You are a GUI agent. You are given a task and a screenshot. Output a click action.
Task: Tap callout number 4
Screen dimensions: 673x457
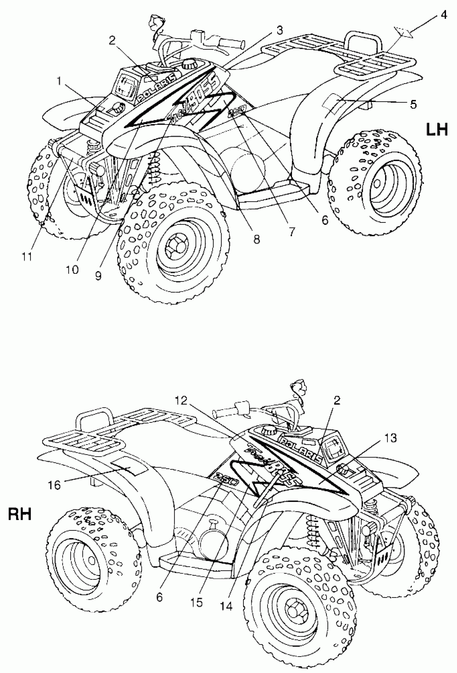pyautogui.click(x=443, y=15)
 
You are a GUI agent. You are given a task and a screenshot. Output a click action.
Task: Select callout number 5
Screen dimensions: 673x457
pyautogui.click(x=414, y=104)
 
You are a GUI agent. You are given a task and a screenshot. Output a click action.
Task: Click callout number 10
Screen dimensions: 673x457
pyautogui.click(x=72, y=270)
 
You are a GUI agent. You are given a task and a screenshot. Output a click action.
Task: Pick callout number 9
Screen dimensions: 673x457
pyautogui.click(x=98, y=276)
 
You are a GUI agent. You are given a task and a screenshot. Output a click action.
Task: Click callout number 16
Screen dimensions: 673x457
pyautogui.click(x=54, y=485)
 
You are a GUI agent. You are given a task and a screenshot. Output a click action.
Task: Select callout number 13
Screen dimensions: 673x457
pyautogui.click(x=390, y=438)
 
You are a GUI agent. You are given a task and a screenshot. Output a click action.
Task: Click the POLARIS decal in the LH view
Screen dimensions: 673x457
pyautogui.click(x=156, y=87)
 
